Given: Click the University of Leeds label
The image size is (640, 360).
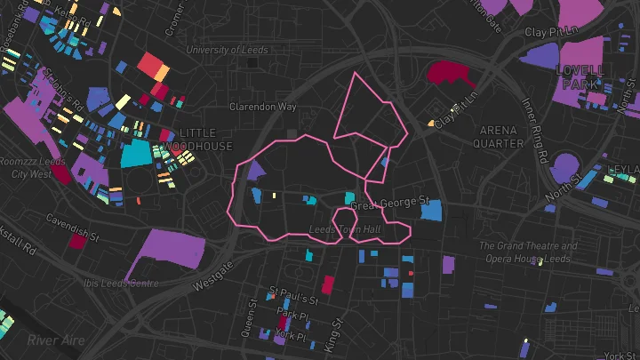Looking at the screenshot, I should point(226,50).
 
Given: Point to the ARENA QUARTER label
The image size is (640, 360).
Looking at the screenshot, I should point(499,136).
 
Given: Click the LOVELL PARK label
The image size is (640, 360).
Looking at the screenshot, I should point(580,76).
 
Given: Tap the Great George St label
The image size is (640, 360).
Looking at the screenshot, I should point(389,204).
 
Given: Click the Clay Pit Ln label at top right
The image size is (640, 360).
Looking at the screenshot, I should point(551,32).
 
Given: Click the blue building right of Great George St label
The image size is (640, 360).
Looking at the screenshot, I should point(431,212).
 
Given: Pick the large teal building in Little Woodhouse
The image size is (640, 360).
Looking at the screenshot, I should point(136,153).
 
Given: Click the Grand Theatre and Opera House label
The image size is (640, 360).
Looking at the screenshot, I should point(528,252).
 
